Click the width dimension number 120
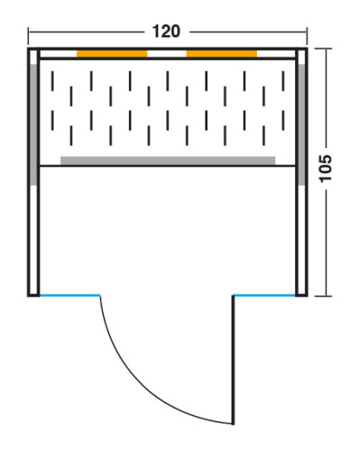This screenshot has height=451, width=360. (x=166, y=32)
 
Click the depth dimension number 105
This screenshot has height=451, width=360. (x=325, y=168)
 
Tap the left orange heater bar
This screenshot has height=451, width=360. (x=112, y=54)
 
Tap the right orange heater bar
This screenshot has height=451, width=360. (x=222, y=54)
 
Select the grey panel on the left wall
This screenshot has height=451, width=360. (x=33, y=124)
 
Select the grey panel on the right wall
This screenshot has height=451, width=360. (x=301, y=124)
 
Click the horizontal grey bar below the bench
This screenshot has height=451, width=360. (x=168, y=161)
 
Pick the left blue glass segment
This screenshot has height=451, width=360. (x=69, y=296)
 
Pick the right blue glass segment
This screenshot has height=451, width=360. (x=264, y=296)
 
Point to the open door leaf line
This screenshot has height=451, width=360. (x=233, y=360)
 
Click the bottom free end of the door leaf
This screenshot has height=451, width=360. (x=233, y=424)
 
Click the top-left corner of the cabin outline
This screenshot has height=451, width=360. (x=28, y=48)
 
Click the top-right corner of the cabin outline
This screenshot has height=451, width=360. (x=307, y=48)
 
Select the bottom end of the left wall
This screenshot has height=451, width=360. (x=33, y=296)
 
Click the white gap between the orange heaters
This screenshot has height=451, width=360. (x=167, y=54)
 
